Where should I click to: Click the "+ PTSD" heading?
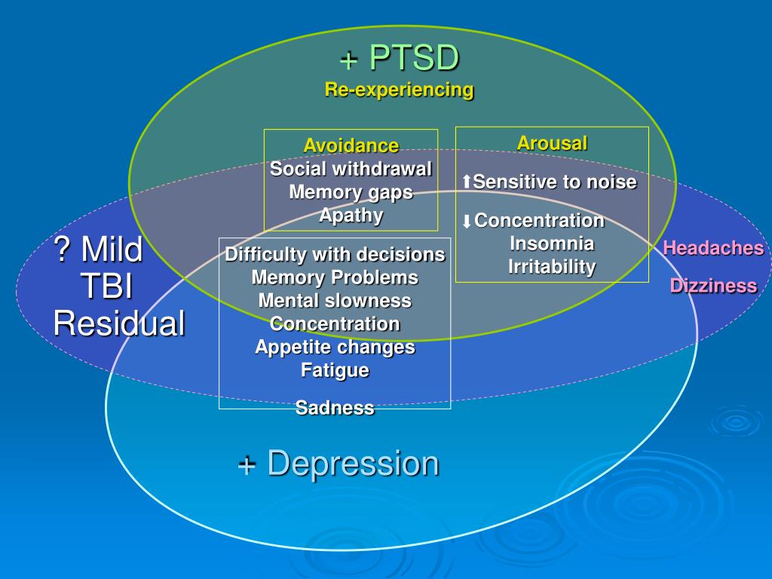click(x=399, y=58)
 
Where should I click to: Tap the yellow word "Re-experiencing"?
click(x=399, y=90)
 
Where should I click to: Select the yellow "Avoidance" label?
click(x=351, y=145)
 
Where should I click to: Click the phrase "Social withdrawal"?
click(x=351, y=168)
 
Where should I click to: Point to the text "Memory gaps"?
click(x=351, y=191)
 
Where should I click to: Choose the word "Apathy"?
click(x=351, y=216)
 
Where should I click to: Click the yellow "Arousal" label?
click(x=552, y=143)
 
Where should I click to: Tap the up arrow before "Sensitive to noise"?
click(x=467, y=182)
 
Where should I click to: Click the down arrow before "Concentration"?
click(x=467, y=221)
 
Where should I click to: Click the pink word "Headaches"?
click(x=713, y=248)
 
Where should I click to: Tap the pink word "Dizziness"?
click(x=713, y=286)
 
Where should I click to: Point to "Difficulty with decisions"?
click(x=335, y=254)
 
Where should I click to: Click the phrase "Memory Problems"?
click(x=335, y=277)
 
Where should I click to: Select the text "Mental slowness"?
click(x=335, y=301)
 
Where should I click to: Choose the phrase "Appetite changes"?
click(x=335, y=348)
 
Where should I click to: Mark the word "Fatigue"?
click(x=335, y=370)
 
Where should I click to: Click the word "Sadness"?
click(x=335, y=408)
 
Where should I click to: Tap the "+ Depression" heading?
click(x=339, y=463)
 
